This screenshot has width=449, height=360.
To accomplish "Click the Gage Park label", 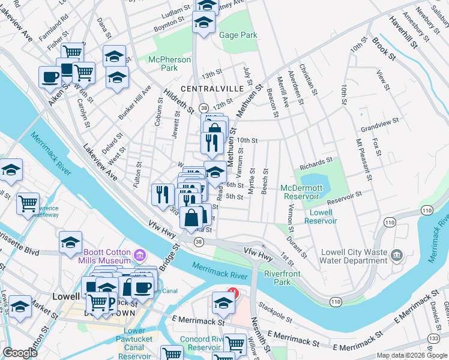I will pyautogui.click(x=238, y=35).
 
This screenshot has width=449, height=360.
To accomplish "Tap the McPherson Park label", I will pyautogui.click(x=169, y=64).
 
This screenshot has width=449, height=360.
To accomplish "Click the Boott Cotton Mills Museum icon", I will pyautogui.click(x=140, y=256).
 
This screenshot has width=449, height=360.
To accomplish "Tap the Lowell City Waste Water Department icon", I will pyautogui.click(x=397, y=256).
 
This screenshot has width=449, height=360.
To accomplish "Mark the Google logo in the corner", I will pyautogui.click(x=20, y=353).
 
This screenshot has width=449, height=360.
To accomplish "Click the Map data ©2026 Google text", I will pyautogui.click(x=411, y=355).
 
